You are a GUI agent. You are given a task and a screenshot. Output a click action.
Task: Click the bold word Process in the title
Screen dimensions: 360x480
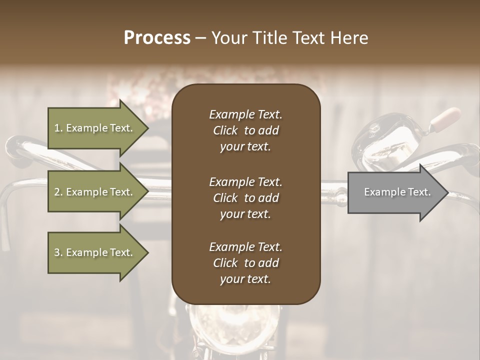tap(157, 38)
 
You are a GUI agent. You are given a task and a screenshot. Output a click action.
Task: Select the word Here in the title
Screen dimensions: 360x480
tap(349, 38)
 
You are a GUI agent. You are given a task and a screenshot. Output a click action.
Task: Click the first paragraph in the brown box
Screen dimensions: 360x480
tap(245, 130)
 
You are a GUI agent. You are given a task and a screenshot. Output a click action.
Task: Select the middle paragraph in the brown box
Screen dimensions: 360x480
tap(245, 197)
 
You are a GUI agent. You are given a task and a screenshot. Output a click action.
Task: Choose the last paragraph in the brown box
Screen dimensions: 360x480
tap(245, 263)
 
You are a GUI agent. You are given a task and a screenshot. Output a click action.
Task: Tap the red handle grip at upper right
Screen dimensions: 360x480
tap(445, 117)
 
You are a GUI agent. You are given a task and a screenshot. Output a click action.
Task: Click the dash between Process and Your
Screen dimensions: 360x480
tap(200, 38)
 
